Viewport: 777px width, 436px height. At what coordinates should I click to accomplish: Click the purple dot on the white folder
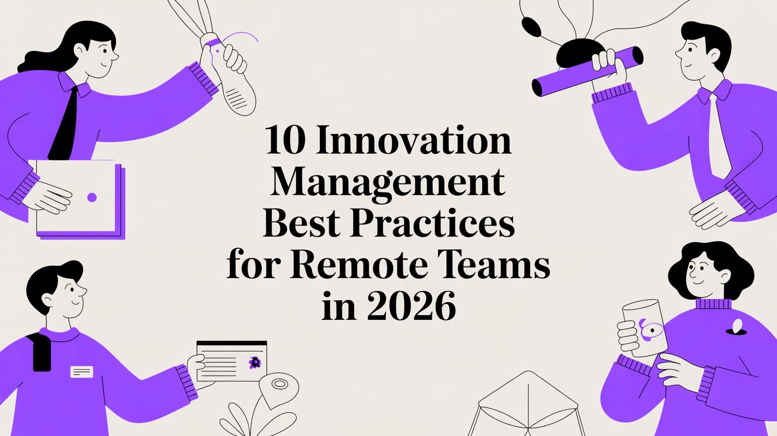(92, 197)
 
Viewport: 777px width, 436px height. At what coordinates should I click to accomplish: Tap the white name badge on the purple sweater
(82, 371)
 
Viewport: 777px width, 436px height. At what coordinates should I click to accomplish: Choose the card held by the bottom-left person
(232, 360)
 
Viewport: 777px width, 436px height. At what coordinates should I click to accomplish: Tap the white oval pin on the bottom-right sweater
(737, 324)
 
